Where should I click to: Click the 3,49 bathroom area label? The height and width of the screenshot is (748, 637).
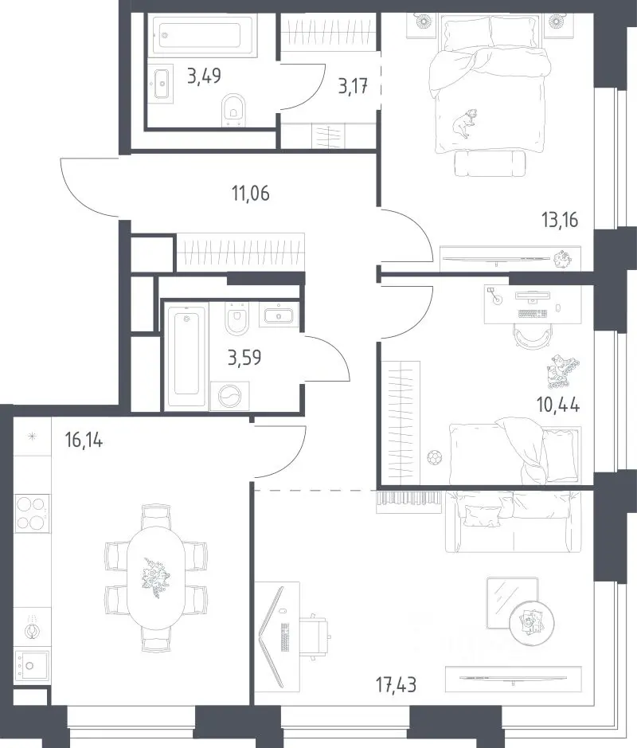pos(204,76)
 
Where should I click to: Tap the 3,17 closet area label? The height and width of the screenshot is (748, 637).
pos(353,86)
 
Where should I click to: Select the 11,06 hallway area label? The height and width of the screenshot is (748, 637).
pos(250,194)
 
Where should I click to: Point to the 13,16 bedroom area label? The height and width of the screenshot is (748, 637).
pos(559,220)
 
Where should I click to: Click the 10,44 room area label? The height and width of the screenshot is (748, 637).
pos(558,405)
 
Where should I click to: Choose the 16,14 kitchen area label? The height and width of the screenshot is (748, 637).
pos(84,440)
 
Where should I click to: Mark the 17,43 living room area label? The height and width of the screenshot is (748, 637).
pos(396,685)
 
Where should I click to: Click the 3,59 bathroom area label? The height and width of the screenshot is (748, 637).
pos(244,357)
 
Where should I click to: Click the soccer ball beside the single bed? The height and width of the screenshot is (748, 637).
pos(435,457)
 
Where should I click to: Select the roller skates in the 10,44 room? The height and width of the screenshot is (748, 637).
pos(563,370)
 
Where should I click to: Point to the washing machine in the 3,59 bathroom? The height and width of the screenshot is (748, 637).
pos(230,396)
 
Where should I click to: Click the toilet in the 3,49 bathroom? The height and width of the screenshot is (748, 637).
pos(233,110)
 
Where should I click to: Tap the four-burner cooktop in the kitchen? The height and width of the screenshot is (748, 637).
pos(32,513)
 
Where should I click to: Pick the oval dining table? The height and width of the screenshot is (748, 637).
pos(156,578)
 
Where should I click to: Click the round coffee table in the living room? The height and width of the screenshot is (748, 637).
pos(531,621)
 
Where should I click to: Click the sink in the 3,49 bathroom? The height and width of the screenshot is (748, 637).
pos(162,84)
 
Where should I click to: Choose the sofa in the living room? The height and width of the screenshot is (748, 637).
pos(513,521)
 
